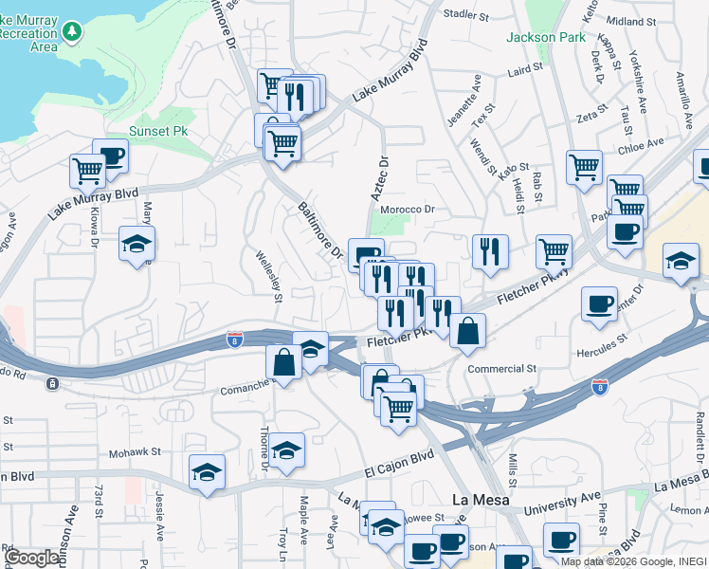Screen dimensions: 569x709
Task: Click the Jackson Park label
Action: pyautogui.click(x=546, y=38)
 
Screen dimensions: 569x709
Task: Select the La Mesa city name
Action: pyautogui.click(x=480, y=500)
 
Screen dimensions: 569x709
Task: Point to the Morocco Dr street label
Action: pyautogui.click(x=407, y=210)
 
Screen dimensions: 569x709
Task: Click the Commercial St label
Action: pyautogui.click(x=501, y=368)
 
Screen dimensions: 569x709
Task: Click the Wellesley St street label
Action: pyautogui.click(x=267, y=276)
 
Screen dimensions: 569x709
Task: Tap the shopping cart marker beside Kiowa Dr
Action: pyautogui.click(x=87, y=172)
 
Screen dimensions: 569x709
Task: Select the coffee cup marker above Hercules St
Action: pyautogui.click(x=599, y=303)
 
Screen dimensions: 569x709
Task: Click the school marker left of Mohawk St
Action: pyautogui.click(x=206, y=473)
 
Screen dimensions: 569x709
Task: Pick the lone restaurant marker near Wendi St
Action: pyautogui.click(x=490, y=251)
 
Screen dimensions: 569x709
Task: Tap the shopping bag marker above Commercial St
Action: pyautogui.click(x=468, y=331)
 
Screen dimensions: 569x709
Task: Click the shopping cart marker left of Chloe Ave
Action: pyautogui.click(x=584, y=167)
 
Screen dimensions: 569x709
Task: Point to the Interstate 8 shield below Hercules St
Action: pyautogui.click(x=599, y=387)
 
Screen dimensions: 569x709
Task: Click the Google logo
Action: pyautogui.click(x=32, y=558)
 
